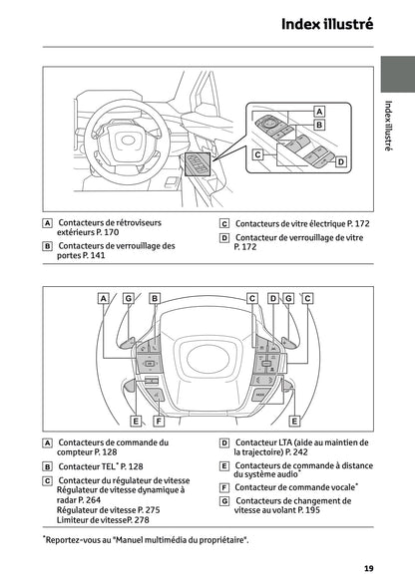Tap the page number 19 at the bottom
(x=368, y=568)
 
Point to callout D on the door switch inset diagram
(x=339, y=161)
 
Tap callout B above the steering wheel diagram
(x=155, y=298)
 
